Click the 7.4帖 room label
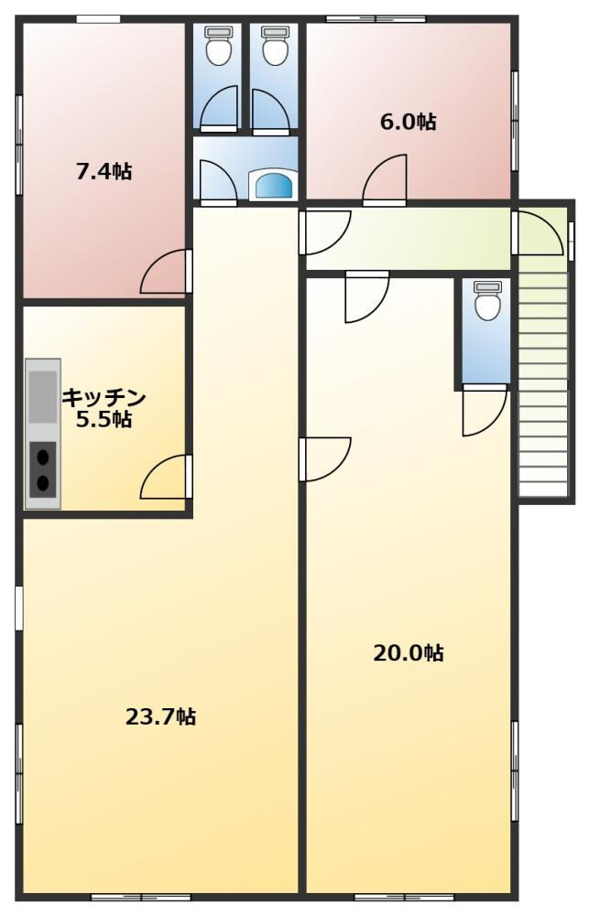(104, 172)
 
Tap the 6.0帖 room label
(408, 122)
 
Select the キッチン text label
(104, 398)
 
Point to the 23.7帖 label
(160, 716)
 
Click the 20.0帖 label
(409, 652)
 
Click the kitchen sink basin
(43, 397)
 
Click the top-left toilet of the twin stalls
(218, 45)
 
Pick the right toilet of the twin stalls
(273, 45)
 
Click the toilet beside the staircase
(487, 300)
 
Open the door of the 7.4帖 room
(166, 272)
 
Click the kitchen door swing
(166, 477)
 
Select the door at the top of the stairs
(538, 233)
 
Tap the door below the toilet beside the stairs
(485, 410)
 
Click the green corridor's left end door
(325, 232)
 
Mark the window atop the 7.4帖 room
(98, 19)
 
